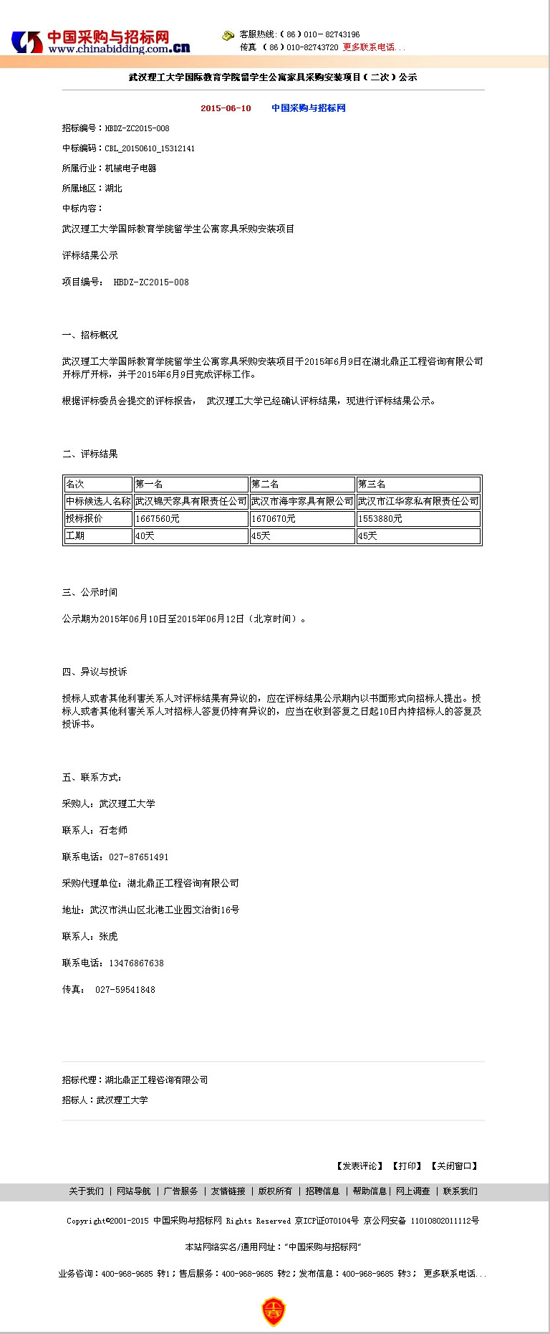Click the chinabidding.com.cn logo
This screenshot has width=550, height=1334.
(100, 42)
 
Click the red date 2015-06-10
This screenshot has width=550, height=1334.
(226, 108)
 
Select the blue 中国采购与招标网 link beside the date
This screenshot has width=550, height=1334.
(308, 108)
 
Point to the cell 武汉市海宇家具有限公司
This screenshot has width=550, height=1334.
(302, 501)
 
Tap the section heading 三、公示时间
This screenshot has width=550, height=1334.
(90, 592)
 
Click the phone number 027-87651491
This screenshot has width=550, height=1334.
(139, 857)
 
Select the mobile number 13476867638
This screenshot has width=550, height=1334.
(136, 963)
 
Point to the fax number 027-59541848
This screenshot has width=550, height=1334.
(125, 989)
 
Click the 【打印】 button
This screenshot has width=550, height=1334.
(407, 1166)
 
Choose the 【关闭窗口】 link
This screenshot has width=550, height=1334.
(454, 1166)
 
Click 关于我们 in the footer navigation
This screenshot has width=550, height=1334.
(86, 1191)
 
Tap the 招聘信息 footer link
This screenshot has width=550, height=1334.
(322, 1191)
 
